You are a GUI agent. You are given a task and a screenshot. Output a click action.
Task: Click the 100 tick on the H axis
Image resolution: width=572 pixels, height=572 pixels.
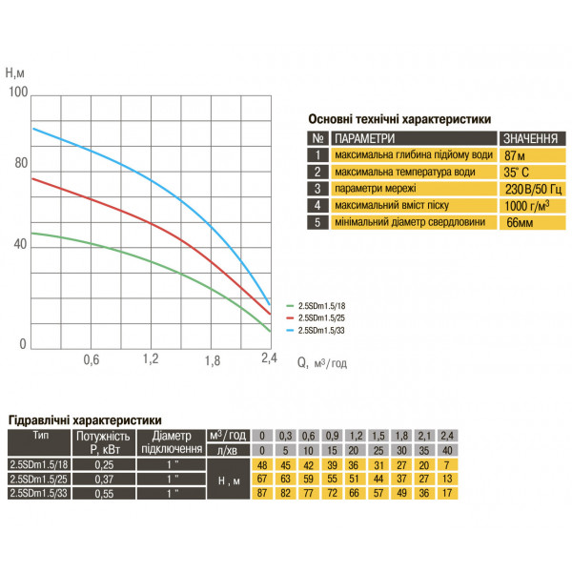coord(17,92)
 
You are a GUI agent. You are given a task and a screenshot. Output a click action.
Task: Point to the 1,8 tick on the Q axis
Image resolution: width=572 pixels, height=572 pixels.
coord(213,360)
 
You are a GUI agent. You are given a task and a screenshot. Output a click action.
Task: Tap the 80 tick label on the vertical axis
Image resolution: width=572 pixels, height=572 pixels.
coord(21,163)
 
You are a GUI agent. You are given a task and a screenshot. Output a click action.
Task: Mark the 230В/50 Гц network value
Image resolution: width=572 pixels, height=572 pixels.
coord(530,188)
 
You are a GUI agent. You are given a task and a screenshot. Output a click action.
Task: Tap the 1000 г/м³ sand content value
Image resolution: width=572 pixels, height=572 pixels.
coord(527,205)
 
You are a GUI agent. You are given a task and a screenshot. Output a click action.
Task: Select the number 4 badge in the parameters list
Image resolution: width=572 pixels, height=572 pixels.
coord(317,205)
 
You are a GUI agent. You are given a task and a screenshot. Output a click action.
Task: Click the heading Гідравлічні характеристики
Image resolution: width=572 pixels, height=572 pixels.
coord(84,419)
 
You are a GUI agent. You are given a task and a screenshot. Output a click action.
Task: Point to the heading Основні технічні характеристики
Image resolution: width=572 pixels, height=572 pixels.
coord(399,119)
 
